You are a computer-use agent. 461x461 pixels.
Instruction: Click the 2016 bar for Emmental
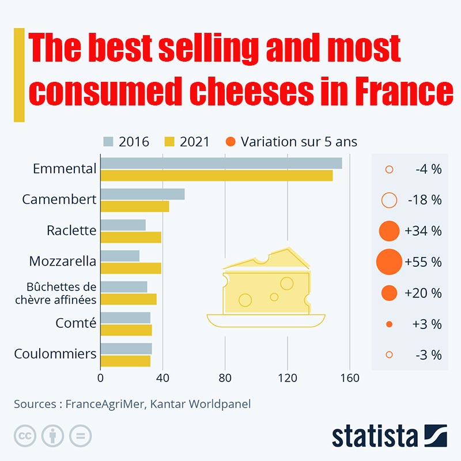coord(221,163)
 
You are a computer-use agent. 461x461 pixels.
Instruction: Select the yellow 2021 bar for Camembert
coord(135,206)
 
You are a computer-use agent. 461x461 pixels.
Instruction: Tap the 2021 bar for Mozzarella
coord(131,268)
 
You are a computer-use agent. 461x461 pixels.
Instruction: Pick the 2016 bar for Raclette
coord(123,225)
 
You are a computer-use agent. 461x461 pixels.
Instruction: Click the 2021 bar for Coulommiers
coord(126,361)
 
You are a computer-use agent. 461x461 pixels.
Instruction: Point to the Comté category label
coord(75,323)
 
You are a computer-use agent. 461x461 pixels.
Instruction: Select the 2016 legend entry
coord(126,142)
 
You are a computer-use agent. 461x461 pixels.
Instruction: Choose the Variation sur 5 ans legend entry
coord(292,142)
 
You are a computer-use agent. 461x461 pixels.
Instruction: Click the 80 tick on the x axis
coord(225,379)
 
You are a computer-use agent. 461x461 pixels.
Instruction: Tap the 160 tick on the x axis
coord(350,379)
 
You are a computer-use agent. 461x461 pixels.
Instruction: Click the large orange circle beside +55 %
coord(389,262)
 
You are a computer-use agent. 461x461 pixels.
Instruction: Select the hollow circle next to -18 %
coord(390,200)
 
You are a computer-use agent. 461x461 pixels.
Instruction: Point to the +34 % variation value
coord(423,231)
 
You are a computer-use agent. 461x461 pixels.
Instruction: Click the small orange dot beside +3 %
coord(389,324)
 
